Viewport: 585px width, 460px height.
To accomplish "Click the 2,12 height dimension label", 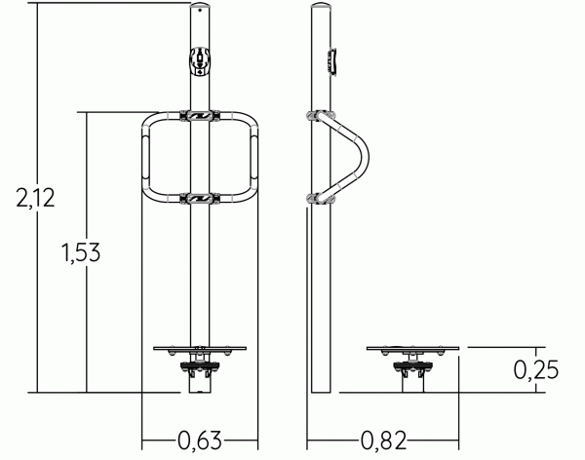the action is tap(35, 198).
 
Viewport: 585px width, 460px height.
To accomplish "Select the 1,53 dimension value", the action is tap(81, 252).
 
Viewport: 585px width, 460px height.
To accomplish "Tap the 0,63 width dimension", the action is tap(200, 441).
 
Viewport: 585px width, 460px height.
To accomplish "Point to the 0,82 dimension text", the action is tap(383, 441).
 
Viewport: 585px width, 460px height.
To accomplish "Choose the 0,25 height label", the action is tap(536, 369).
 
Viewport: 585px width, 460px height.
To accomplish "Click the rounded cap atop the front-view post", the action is tap(200, 6).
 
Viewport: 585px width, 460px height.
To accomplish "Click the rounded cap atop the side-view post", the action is tap(321, 6).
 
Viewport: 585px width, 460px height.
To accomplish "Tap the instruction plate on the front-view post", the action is tap(200, 61).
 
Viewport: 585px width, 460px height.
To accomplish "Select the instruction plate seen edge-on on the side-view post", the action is tap(333, 61).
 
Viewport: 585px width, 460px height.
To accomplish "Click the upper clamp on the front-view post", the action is tap(200, 116).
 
